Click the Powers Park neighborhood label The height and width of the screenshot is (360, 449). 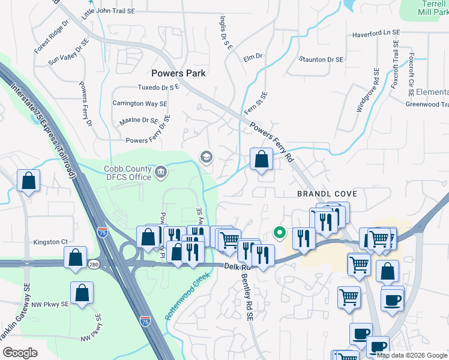pos(178,73)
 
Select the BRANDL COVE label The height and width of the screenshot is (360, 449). pos(327,194)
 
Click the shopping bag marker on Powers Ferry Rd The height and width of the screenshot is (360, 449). pos(261,160)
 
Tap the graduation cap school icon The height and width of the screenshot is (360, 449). pos(206,157)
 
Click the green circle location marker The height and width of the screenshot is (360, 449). pos(279,232)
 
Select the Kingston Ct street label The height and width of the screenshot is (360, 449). pos(51,241)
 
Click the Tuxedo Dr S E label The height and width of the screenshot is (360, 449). pos(158,88)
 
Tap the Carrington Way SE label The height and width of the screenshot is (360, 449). pos(140,103)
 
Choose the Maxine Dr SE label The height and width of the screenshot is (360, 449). pos(138,121)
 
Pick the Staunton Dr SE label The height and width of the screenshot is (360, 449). pos(321,59)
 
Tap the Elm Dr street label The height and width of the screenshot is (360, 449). pos(253,56)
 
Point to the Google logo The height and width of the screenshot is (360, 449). pos(20,353)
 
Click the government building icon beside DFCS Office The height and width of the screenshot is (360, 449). pos(161,173)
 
